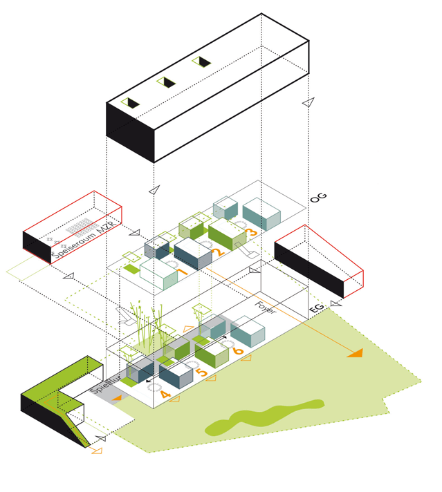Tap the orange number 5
click(x=202, y=373)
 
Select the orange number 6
click(x=239, y=351)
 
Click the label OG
click(x=318, y=198)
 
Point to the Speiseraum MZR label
click(x=86, y=241)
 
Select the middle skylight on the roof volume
click(x=166, y=83)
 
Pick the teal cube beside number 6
click(x=247, y=332)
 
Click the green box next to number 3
click(x=227, y=235)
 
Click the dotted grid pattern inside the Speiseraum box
click(x=80, y=227)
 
